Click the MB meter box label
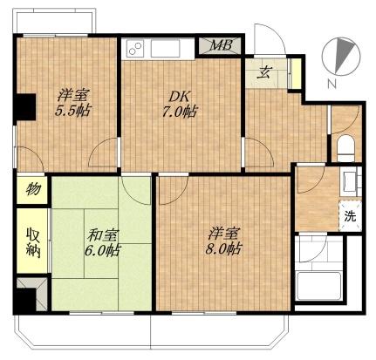tap(222, 45)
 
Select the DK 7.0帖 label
tap(179, 104)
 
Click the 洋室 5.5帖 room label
tap(73, 102)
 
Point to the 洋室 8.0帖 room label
tap(223, 241)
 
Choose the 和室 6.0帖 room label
tap(102, 242)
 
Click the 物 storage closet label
tap(32, 189)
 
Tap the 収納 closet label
tap(33, 242)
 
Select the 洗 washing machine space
tap(350, 216)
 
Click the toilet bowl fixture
tap(346, 148)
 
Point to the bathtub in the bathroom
tap(318, 286)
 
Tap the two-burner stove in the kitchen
tap(135, 49)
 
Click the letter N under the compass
tap(332, 84)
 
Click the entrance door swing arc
tap(272, 35)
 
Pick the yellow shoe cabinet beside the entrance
tap(297, 73)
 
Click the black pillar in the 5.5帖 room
tap(25, 106)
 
